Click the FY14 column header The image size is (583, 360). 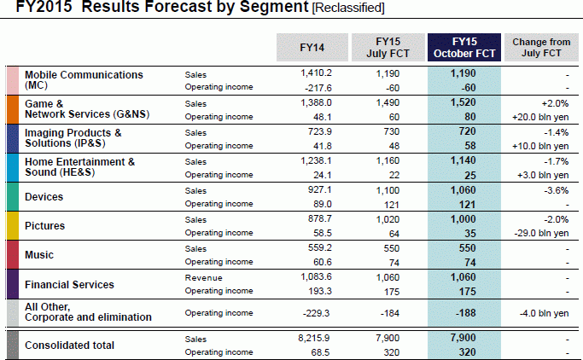click(312, 47)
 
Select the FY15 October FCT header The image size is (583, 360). click(463, 47)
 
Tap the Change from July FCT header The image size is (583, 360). click(542, 47)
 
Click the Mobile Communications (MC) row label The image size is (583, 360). click(85, 80)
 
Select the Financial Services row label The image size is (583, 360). click(70, 284)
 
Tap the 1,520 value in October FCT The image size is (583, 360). click(464, 102)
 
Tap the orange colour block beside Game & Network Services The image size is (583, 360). click(12, 108)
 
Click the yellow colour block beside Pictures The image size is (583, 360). click(12, 225)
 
